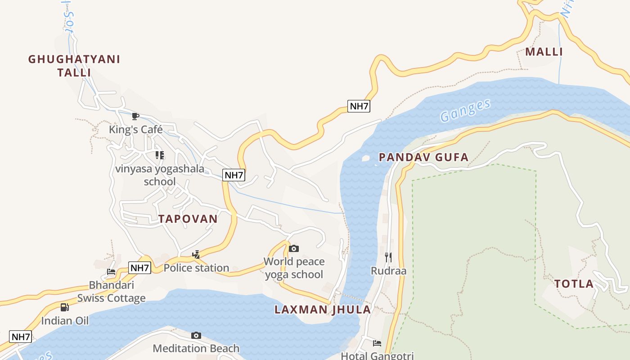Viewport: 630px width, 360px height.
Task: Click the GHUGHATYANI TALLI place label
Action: pyautogui.click(x=74, y=66)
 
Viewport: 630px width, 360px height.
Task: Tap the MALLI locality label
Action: pyautogui.click(x=544, y=52)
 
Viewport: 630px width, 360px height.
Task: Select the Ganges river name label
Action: pyautogui.click(x=465, y=110)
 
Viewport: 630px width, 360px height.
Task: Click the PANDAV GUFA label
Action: pyautogui.click(x=423, y=157)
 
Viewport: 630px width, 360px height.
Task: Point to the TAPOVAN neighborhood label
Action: pyautogui.click(x=188, y=219)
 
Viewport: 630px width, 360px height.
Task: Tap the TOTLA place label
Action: pyautogui.click(x=574, y=284)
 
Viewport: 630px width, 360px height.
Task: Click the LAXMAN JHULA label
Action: pyautogui.click(x=323, y=310)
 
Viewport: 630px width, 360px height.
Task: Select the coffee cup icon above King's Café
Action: pyautogui.click(x=135, y=117)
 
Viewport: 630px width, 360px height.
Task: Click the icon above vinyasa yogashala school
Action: pyautogui.click(x=159, y=155)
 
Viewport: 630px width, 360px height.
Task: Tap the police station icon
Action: pyautogui.click(x=196, y=254)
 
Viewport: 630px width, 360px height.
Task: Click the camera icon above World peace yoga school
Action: pyautogui.click(x=293, y=248)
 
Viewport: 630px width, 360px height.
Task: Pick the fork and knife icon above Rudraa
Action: pyautogui.click(x=388, y=257)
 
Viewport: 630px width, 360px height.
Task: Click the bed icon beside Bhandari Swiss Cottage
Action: pyautogui.click(x=111, y=272)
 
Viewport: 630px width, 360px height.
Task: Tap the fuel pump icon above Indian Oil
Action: pyautogui.click(x=65, y=307)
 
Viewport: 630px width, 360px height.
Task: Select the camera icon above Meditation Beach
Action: pyautogui.click(x=196, y=335)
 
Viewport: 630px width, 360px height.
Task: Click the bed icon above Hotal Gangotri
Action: pyautogui.click(x=377, y=343)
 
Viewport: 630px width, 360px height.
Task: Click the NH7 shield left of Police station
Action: pyautogui.click(x=139, y=268)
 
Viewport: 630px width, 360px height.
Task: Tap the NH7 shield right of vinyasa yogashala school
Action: pyautogui.click(x=234, y=175)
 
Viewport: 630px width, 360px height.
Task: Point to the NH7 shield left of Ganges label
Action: pyautogui.click(x=359, y=106)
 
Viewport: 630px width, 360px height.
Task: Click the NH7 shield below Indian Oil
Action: pyautogui.click(x=21, y=337)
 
